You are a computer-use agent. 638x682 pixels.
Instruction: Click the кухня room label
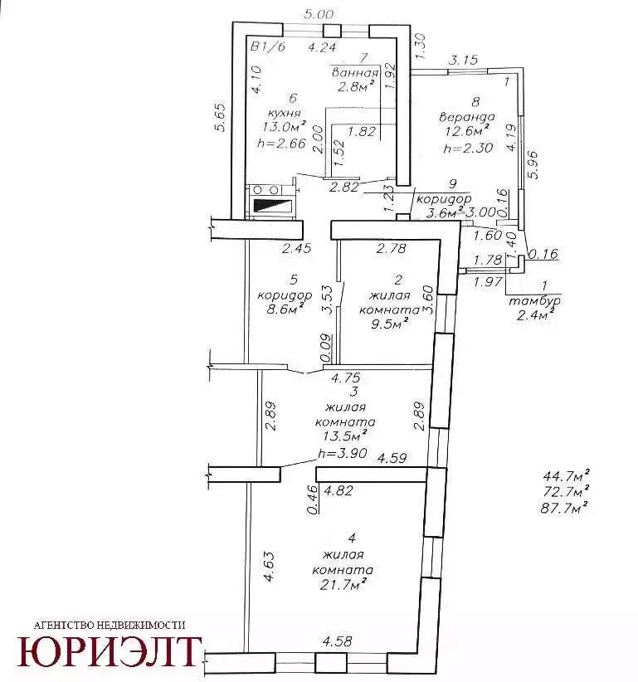tap(285, 113)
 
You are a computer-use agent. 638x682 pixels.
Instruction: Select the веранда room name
tap(466, 116)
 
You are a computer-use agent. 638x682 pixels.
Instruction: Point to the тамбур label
tap(534, 300)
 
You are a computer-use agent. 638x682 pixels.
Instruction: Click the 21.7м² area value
tap(341, 585)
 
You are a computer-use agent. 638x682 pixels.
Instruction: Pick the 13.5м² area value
tap(345, 435)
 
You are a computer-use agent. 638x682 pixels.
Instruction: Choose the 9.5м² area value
tap(390, 324)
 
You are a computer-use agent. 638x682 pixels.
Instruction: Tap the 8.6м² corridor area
tap(285, 309)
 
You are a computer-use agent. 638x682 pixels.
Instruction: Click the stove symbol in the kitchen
tap(271, 202)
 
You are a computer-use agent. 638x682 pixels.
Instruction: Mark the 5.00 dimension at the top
tap(319, 14)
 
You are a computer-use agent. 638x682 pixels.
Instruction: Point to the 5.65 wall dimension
tap(221, 117)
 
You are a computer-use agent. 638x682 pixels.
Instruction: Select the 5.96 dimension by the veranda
tap(533, 164)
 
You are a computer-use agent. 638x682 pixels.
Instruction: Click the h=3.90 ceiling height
tap(343, 453)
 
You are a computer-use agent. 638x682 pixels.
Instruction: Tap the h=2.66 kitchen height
tap(281, 143)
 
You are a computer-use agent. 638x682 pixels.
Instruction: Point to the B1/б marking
tap(267, 46)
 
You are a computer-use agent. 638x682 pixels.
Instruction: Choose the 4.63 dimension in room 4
tap(269, 566)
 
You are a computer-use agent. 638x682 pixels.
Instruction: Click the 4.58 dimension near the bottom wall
tap(337, 641)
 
